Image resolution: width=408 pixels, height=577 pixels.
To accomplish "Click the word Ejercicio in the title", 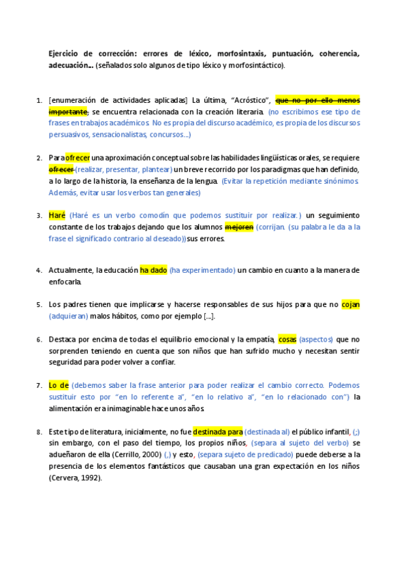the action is [65, 53].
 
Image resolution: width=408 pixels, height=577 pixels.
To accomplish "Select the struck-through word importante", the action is [68, 111].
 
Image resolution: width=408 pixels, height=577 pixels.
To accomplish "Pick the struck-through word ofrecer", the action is [61, 169].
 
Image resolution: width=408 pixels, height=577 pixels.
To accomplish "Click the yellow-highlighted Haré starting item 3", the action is [57, 215].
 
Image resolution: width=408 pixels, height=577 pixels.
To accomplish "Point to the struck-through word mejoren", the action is [239, 227].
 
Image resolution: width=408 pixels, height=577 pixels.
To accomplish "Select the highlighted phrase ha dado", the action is [153, 270].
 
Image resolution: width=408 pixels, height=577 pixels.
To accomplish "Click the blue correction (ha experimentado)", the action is [202, 270].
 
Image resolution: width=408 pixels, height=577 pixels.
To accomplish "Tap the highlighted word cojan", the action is [350, 305].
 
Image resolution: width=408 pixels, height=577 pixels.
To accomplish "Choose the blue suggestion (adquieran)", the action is [69, 316].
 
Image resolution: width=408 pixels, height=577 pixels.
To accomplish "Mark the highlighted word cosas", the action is [287, 339].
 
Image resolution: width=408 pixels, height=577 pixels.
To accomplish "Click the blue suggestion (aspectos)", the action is [316, 339].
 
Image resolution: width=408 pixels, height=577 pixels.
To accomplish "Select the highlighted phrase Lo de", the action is [59, 385].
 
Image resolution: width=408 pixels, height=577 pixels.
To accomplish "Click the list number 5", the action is [38, 305].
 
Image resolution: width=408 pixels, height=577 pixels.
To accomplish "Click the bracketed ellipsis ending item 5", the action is [209, 316].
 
